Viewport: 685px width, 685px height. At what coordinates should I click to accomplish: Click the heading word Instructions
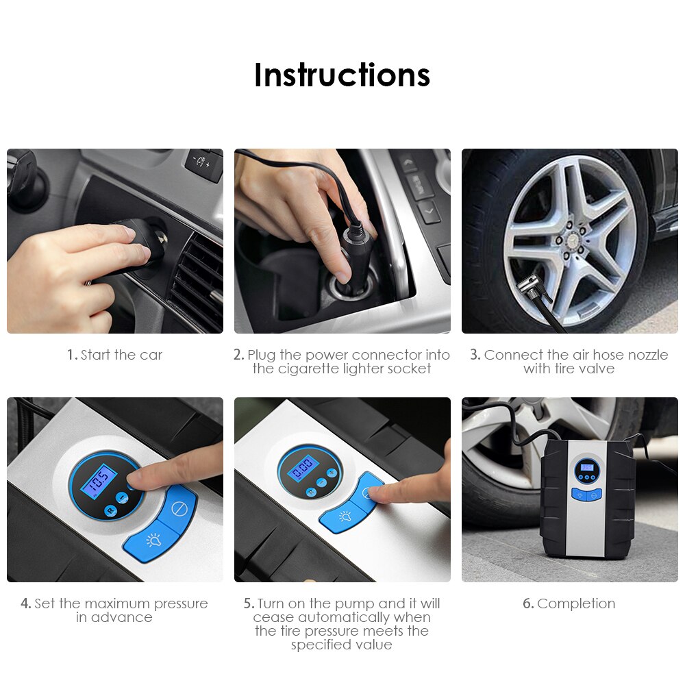click(x=342, y=75)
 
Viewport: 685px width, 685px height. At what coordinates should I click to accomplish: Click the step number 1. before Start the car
click(x=72, y=355)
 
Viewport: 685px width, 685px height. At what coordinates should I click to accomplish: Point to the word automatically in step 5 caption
click(x=341, y=617)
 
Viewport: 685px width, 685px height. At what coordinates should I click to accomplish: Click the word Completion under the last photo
click(x=576, y=603)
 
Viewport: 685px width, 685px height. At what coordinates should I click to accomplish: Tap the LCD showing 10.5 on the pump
click(x=97, y=482)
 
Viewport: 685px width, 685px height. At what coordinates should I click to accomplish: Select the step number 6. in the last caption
click(x=527, y=603)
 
